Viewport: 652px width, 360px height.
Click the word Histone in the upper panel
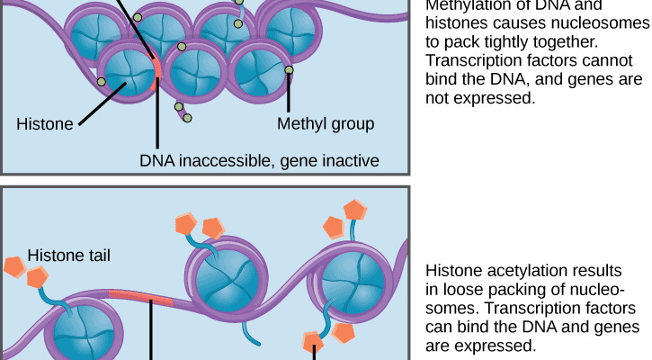(44, 124)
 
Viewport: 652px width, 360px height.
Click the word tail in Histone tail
(95, 256)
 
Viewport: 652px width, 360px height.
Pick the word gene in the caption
(301, 160)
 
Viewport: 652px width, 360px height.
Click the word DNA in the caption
(156, 160)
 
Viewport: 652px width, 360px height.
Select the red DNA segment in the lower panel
(140, 298)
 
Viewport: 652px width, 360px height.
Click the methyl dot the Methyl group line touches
(289, 70)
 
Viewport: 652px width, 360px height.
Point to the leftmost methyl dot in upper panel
(102, 82)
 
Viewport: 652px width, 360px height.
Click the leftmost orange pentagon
(14, 266)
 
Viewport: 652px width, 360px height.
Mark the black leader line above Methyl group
(289, 94)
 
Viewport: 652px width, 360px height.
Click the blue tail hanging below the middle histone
(250, 332)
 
